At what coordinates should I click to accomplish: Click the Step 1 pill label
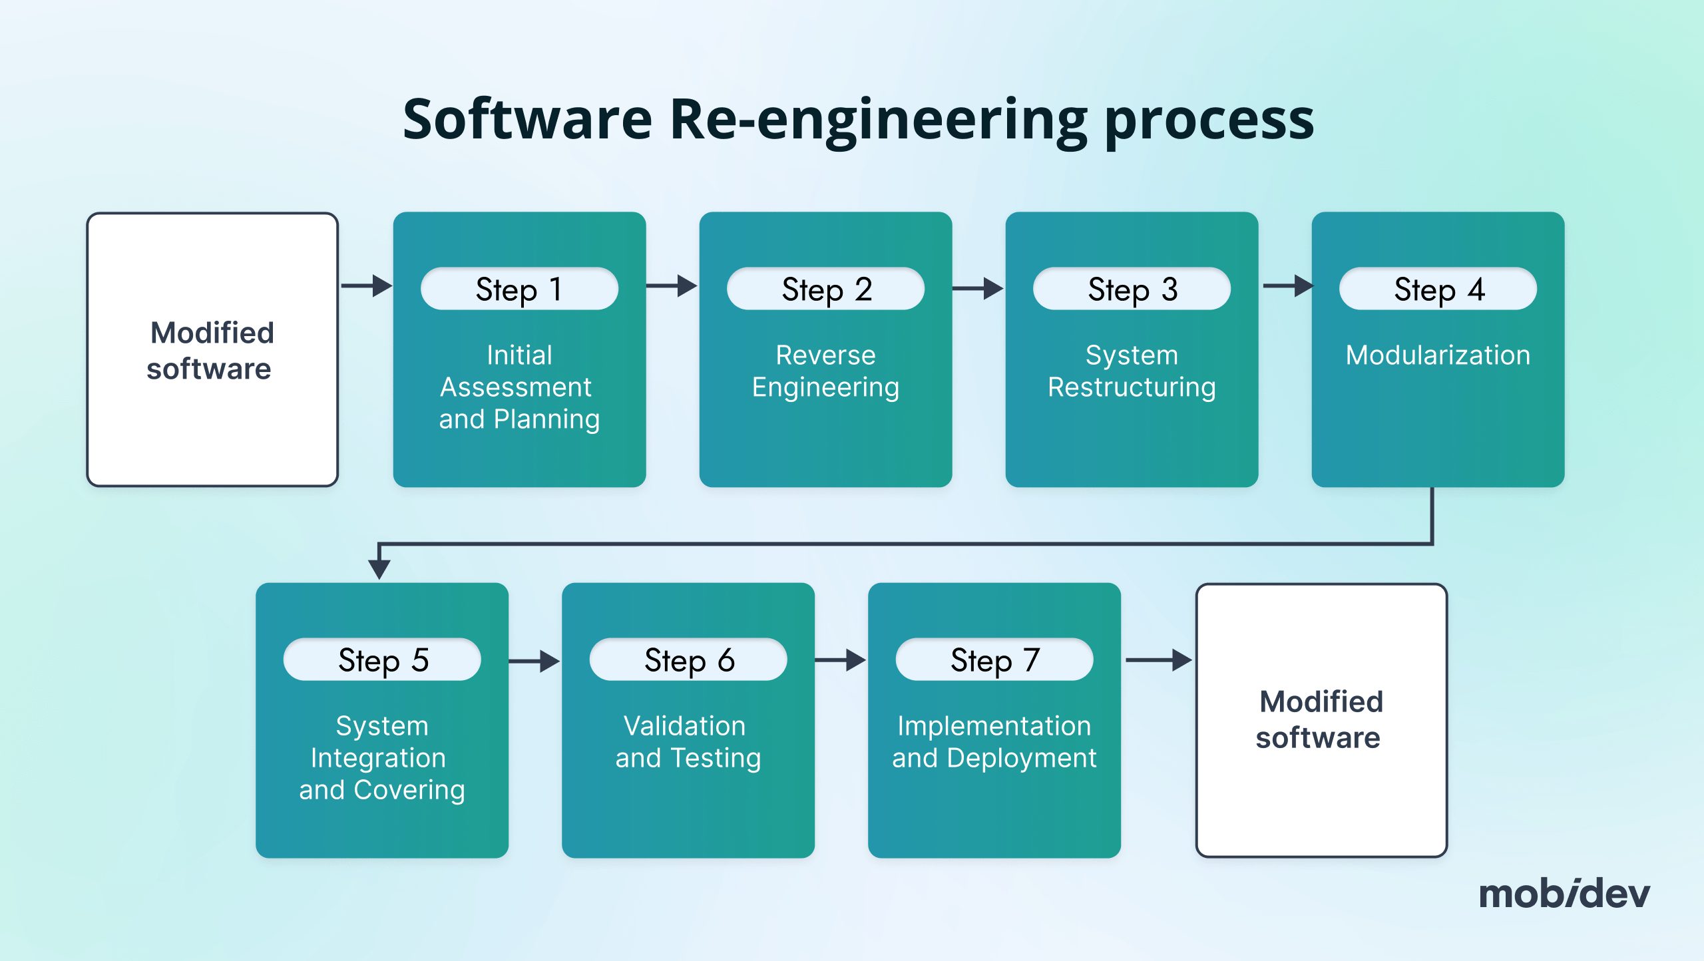point(519,289)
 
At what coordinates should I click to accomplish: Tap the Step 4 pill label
point(1438,289)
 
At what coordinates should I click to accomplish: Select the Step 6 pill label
point(688,660)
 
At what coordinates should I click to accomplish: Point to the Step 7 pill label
point(994,660)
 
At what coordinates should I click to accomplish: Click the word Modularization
point(1438,355)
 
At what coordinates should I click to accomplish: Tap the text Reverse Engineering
point(825,371)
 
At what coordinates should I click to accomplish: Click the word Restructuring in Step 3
point(1132,387)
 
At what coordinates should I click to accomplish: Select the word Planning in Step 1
point(547,419)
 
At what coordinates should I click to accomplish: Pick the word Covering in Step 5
point(409,790)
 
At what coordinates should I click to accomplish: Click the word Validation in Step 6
point(684,725)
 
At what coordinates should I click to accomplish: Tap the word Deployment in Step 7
point(1021,758)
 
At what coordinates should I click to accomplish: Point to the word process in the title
point(1209,120)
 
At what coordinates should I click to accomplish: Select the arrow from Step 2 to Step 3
point(978,288)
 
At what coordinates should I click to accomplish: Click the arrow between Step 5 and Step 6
point(534,661)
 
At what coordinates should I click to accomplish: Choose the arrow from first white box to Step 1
point(366,286)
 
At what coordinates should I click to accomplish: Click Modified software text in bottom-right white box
point(1321,719)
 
